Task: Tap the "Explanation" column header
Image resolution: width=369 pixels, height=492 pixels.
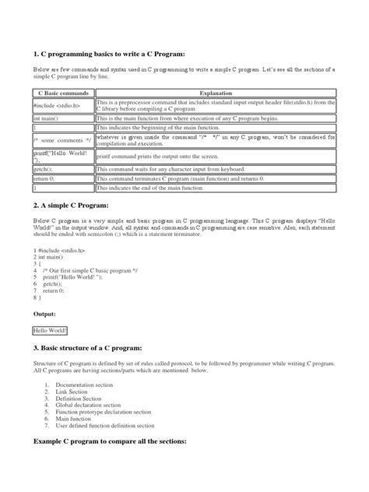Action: pos(215,93)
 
